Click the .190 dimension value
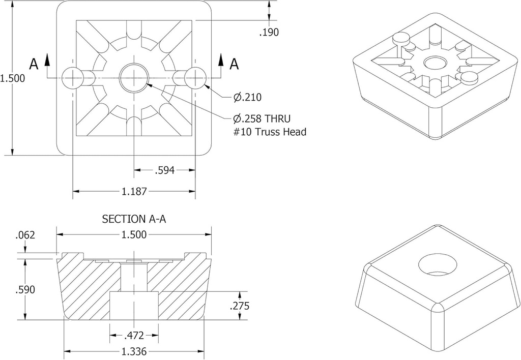[269, 33]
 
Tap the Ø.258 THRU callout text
[262, 119]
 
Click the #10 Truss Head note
[269, 132]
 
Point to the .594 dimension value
[164, 170]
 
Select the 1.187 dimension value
[134, 192]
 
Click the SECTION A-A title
[134, 219]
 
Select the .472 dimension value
[134, 336]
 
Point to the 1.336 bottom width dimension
[134, 352]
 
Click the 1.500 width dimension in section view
[134, 234]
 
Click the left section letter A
[34, 64]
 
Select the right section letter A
[234, 64]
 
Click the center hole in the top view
[134, 78]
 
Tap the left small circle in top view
[72, 78]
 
